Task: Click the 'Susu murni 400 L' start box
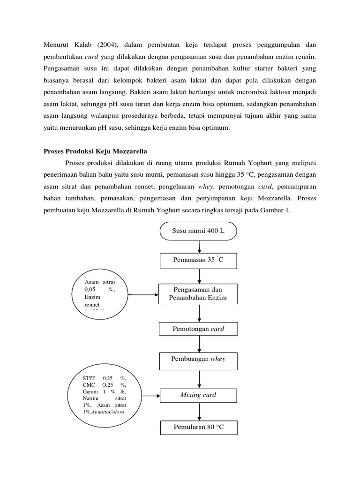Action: [199, 231]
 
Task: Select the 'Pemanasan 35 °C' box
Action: [199, 260]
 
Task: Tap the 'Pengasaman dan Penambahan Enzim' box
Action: [199, 294]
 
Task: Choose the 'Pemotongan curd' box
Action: [199, 329]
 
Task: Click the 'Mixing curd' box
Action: [199, 395]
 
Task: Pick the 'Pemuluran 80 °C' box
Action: [199, 427]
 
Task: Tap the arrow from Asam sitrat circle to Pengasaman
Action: [143, 295]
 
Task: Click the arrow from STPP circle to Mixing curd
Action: [151, 396]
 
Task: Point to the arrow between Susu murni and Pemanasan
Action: [200, 247]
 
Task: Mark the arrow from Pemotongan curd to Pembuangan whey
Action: [199, 344]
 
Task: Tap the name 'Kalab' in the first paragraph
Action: [83, 45]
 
